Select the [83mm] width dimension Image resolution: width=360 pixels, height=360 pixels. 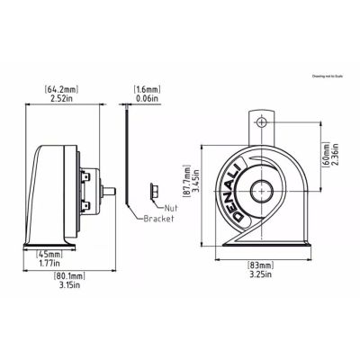[x=263, y=265]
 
